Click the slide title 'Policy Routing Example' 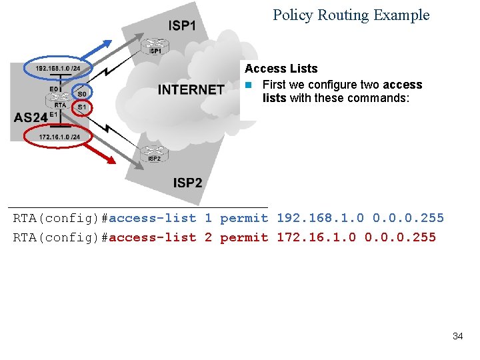pyautogui.click(x=351, y=15)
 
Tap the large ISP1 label pyautogui.click(x=182, y=26)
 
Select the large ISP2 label pyautogui.click(x=187, y=182)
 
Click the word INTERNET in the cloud pyautogui.click(x=191, y=89)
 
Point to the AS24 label pyautogui.click(x=31, y=117)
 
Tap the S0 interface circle pyautogui.click(x=81, y=93)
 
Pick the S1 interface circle pyautogui.click(x=81, y=107)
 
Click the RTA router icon pyautogui.click(x=59, y=98)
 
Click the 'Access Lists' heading pyautogui.click(x=281, y=69)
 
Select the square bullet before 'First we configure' pyautogui.click(x=247, y=85)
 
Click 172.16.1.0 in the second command pyautogui.click(x=316, y=237)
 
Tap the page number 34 pyautogui.click(x=457, y=336)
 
